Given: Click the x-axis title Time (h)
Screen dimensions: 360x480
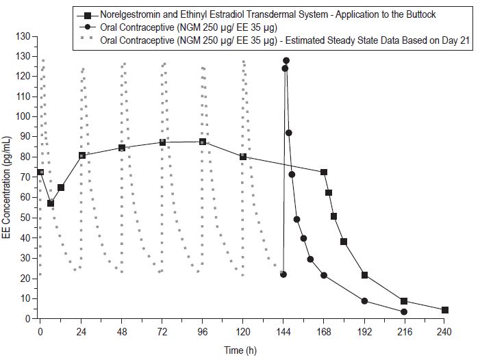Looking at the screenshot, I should [242, 350].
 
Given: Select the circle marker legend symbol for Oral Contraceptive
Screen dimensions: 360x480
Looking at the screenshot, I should [87, 27].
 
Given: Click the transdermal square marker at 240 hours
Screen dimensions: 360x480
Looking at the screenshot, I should [445, 310].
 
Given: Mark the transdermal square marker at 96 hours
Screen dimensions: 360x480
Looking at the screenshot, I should [203, 142].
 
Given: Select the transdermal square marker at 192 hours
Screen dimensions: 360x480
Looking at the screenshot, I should [364, 275].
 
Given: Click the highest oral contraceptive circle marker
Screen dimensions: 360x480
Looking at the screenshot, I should [286, 61].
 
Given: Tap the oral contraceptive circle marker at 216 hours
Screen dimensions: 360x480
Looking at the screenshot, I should [404, 312].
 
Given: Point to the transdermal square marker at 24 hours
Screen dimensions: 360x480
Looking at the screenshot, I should [81, 155].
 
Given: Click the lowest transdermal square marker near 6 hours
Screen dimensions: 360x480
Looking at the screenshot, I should [51, 203].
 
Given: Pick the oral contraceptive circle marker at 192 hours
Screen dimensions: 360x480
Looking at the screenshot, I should [364, 301].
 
